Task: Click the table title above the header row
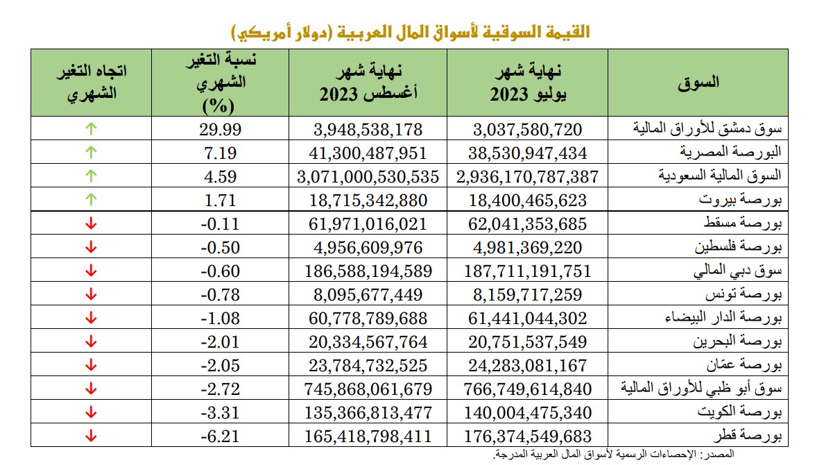(410, 32)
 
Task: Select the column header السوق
(697, 82)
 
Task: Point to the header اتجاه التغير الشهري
(91, 83)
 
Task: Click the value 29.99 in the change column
(217, 129)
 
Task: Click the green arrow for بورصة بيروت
(91, 201)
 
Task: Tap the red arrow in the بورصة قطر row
(91, 437)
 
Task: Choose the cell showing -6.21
(217, 437)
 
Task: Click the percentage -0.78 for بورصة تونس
(217, 295)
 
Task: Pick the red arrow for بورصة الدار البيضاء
(91, 319)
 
